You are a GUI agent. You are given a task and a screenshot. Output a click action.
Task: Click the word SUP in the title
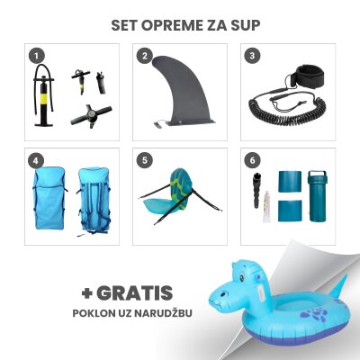tap(246, 24)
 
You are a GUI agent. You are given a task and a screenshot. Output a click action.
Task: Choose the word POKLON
tap(94, 314)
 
